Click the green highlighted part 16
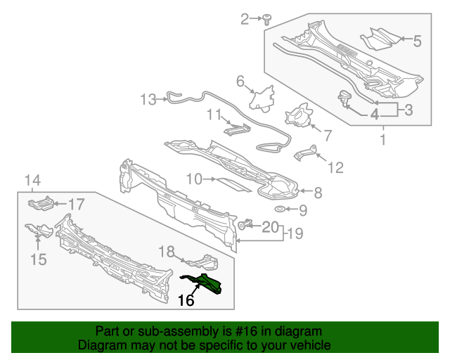coord(210,284)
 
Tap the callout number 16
coord(185,301)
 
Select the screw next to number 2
coord(268,19)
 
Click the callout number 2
coord(245,19)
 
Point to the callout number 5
coord(417,41)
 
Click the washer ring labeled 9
coord(279,210)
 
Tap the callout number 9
coord(303,210)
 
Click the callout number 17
coord(75,205)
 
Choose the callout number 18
coord(166,252)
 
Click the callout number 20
coord(270,226)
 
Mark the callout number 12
coord(335,167)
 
